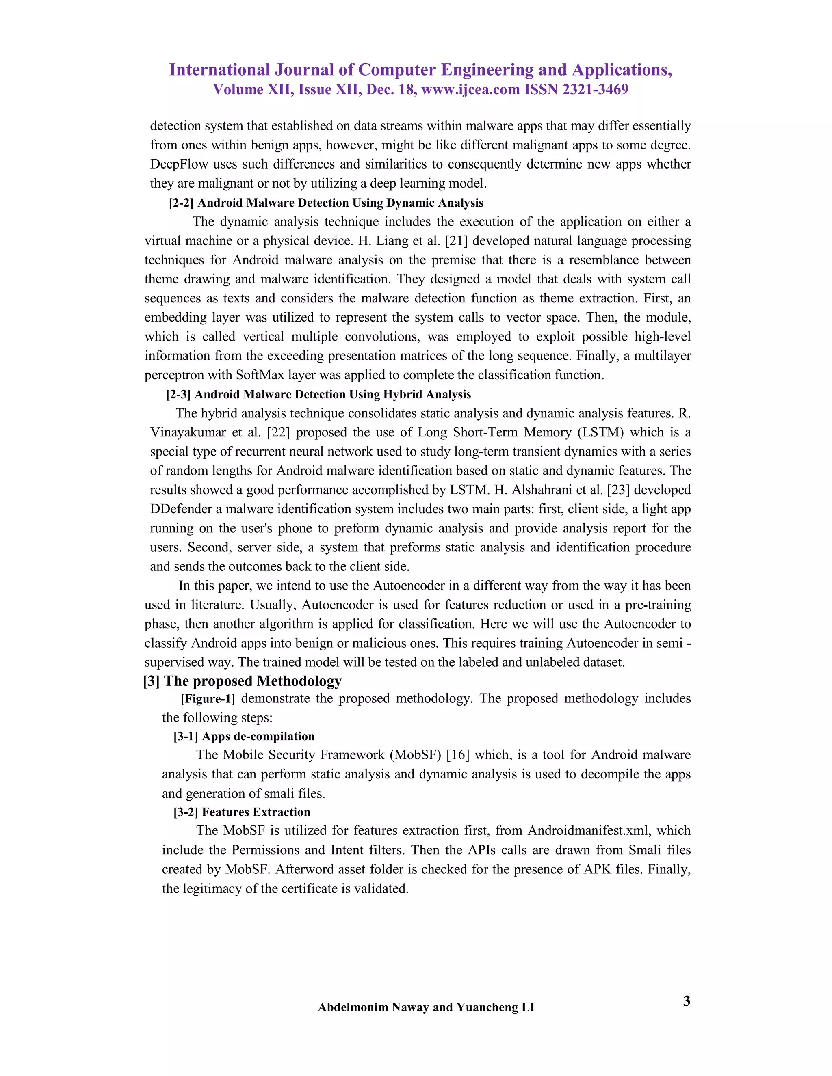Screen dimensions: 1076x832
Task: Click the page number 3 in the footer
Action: tap(686, 1001)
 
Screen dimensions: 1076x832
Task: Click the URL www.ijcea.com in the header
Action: tap(471, 89)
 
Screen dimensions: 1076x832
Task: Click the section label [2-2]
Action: tap(181, 203)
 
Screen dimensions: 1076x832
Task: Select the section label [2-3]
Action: tap(178, 395)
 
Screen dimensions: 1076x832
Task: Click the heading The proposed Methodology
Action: tap(252, 681)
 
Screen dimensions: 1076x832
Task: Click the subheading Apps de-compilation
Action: tap(258, 737)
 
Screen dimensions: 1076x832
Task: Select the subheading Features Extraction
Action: tap(256, 812)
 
